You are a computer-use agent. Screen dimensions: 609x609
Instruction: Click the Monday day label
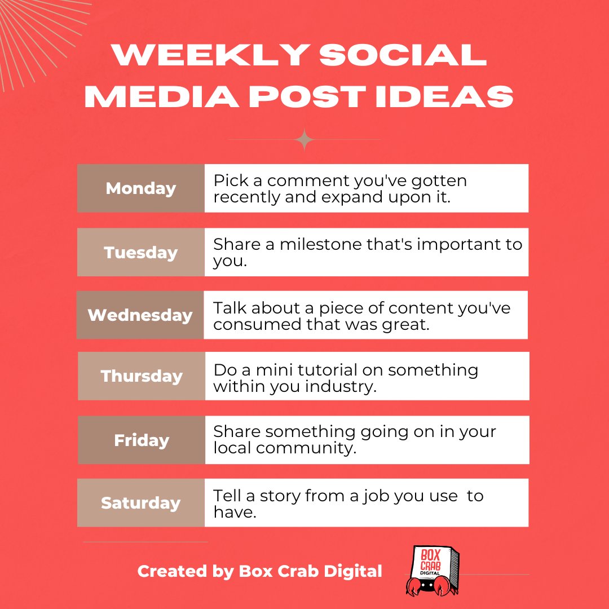pos(141,188)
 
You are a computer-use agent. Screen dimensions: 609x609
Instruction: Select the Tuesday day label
pos(141,252)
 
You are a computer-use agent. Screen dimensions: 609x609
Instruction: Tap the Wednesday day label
pos(140,315)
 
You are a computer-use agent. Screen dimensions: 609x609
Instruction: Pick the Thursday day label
pos(142,376)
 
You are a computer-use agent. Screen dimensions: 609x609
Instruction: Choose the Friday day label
pos(142,440)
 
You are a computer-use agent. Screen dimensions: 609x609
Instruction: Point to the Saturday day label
pos(141,503)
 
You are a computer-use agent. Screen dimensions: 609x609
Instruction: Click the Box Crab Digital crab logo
pos(432,570)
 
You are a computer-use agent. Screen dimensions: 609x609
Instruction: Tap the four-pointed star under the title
pos(304,139)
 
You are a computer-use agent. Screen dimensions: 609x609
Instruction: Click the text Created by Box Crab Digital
pos(259,571)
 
